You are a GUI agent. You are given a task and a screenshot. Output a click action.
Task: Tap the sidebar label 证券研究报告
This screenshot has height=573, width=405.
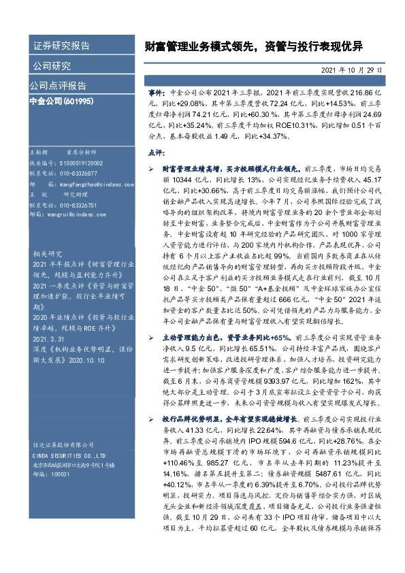(62, 46)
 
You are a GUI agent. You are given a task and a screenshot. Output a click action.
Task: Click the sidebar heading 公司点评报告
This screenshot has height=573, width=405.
(58, 86)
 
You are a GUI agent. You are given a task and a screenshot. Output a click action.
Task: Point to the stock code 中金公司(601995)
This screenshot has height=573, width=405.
(61, 101)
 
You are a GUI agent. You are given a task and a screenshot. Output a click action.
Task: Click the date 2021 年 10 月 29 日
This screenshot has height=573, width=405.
(351, 69)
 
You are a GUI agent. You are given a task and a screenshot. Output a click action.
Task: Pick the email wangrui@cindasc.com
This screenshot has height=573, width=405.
(67, 214)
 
